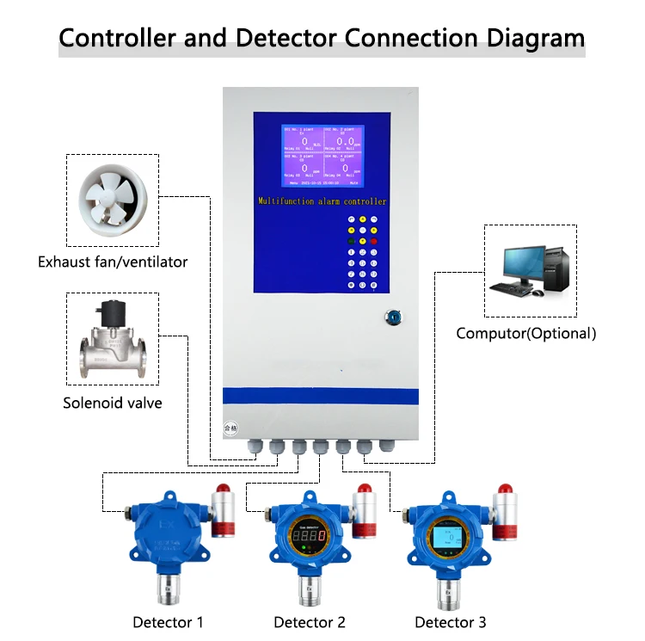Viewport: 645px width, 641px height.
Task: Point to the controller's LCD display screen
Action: point(322,156)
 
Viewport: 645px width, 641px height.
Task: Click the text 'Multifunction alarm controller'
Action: point(322,200)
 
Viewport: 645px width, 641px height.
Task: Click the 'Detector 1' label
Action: point(169,622)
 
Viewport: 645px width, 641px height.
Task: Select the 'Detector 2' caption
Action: point(310,622)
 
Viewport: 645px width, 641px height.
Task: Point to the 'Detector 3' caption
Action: point(451,622)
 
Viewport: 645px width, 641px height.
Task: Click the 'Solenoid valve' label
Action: point(112,403)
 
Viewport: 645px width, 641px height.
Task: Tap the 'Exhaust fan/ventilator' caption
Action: point(113,262)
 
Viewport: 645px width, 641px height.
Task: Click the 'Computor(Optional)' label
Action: point(525,333)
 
